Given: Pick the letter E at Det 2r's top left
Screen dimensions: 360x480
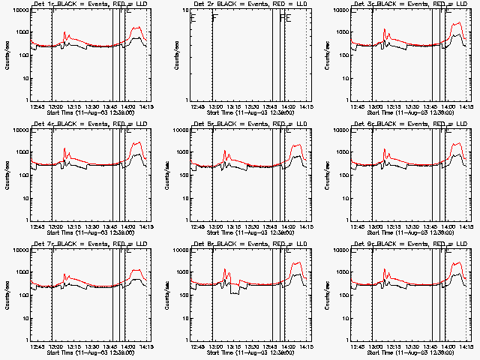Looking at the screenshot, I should (x=193, y=18).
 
